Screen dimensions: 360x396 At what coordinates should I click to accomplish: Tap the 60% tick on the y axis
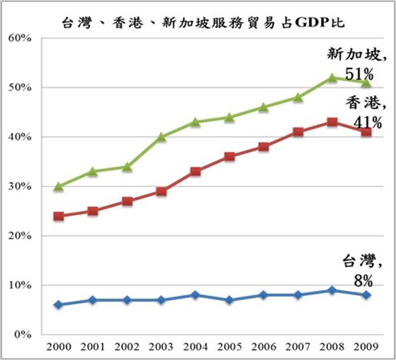pyautogui.click(x=20, y=38)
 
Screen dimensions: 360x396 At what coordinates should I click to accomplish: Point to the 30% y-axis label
pyautogui.click(x=20, y=186)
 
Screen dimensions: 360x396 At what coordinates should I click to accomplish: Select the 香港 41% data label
pyautogui.click(x=363, y=112)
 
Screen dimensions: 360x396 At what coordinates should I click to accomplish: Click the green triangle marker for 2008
pyautogui.click(x=332, y=78)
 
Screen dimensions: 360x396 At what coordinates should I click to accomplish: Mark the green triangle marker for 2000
pyautogui.click(x=58, y=186)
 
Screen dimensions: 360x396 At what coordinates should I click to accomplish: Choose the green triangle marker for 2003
pyautogui.click(x=161, y=137)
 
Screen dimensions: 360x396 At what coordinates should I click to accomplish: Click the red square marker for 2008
pyautogui.click(x=332, y=122)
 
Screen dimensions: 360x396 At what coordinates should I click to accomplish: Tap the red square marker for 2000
pyautogui.click(x=58, y=216)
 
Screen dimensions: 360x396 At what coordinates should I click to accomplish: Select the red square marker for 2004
pyautogui.click(x=196, y=172)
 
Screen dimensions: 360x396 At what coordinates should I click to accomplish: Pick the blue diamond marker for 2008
pyautogui.click(x=332, y=290)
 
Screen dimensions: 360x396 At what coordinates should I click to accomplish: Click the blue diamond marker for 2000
pyautogui.click(x=58, y=305)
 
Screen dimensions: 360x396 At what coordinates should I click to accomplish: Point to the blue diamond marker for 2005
pyautogui.click(x=230, y=300)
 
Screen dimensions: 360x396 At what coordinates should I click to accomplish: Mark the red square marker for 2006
pyautogui.click(x=264, y=147)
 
